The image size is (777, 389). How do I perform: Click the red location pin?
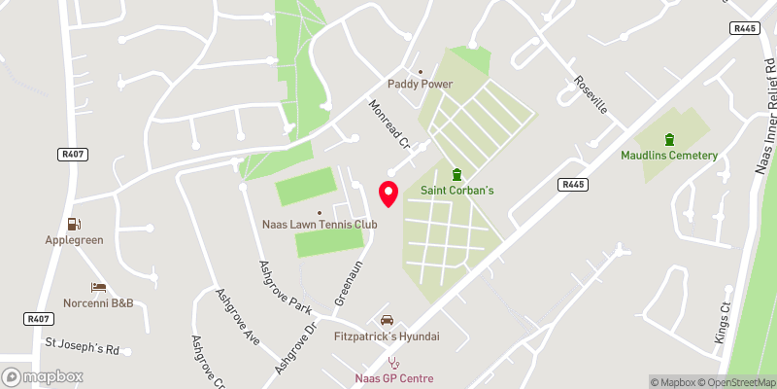(388, 194)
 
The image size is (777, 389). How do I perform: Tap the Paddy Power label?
(422, 84)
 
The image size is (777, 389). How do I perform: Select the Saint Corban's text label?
(456, 191)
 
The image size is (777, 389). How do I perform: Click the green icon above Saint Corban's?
(456, 174)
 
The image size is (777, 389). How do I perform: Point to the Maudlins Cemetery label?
(669, 156)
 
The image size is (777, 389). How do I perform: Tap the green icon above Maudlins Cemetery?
(668, 139)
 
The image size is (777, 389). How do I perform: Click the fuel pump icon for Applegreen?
(74, 224)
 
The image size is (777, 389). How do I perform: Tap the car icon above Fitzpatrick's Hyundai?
(387, 320)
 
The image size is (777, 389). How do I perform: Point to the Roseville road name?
(590, 95)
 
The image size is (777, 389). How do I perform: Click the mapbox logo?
(41, 376)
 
